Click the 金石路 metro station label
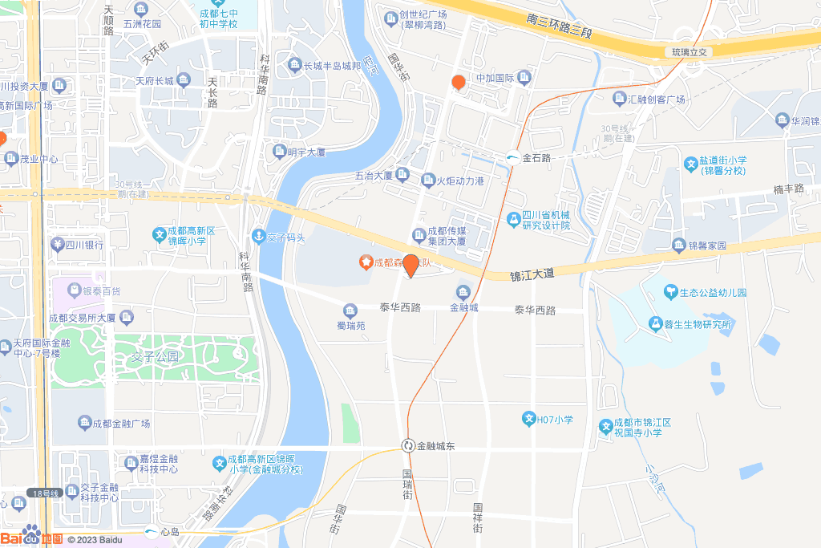pyautogui.click(x=536, y=158)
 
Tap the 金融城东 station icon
pyautogui.click(x=408, y=445)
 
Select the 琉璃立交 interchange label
pyautogui.click(x=688, y=51)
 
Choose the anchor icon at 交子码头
pyautogui.click(x=258, y=236)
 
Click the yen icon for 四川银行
pyautogui.click(x=57, y=244)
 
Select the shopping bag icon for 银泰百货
pyautogui.click(x=74, y=290)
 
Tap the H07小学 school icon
pyautogui.click(x=528, y=419)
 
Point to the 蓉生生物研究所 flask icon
pyautogui.click(x=654, y=324)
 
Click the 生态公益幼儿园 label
pyautogui.click(x=713, y=293)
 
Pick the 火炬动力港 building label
pyautogui.click(x=460, y=181)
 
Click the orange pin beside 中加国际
pyautogui.click(x=459, y=82)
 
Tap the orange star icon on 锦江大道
pyautogui.click(x=366, y=262)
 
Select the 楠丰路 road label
pyautogui.click(x=788, y=189)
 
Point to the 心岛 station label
pyautogui.click(x=169, y=531)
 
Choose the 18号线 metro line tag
pyautogui.click(x=44, y=493)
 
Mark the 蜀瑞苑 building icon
pyautogui.click(x=350, y=311)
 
